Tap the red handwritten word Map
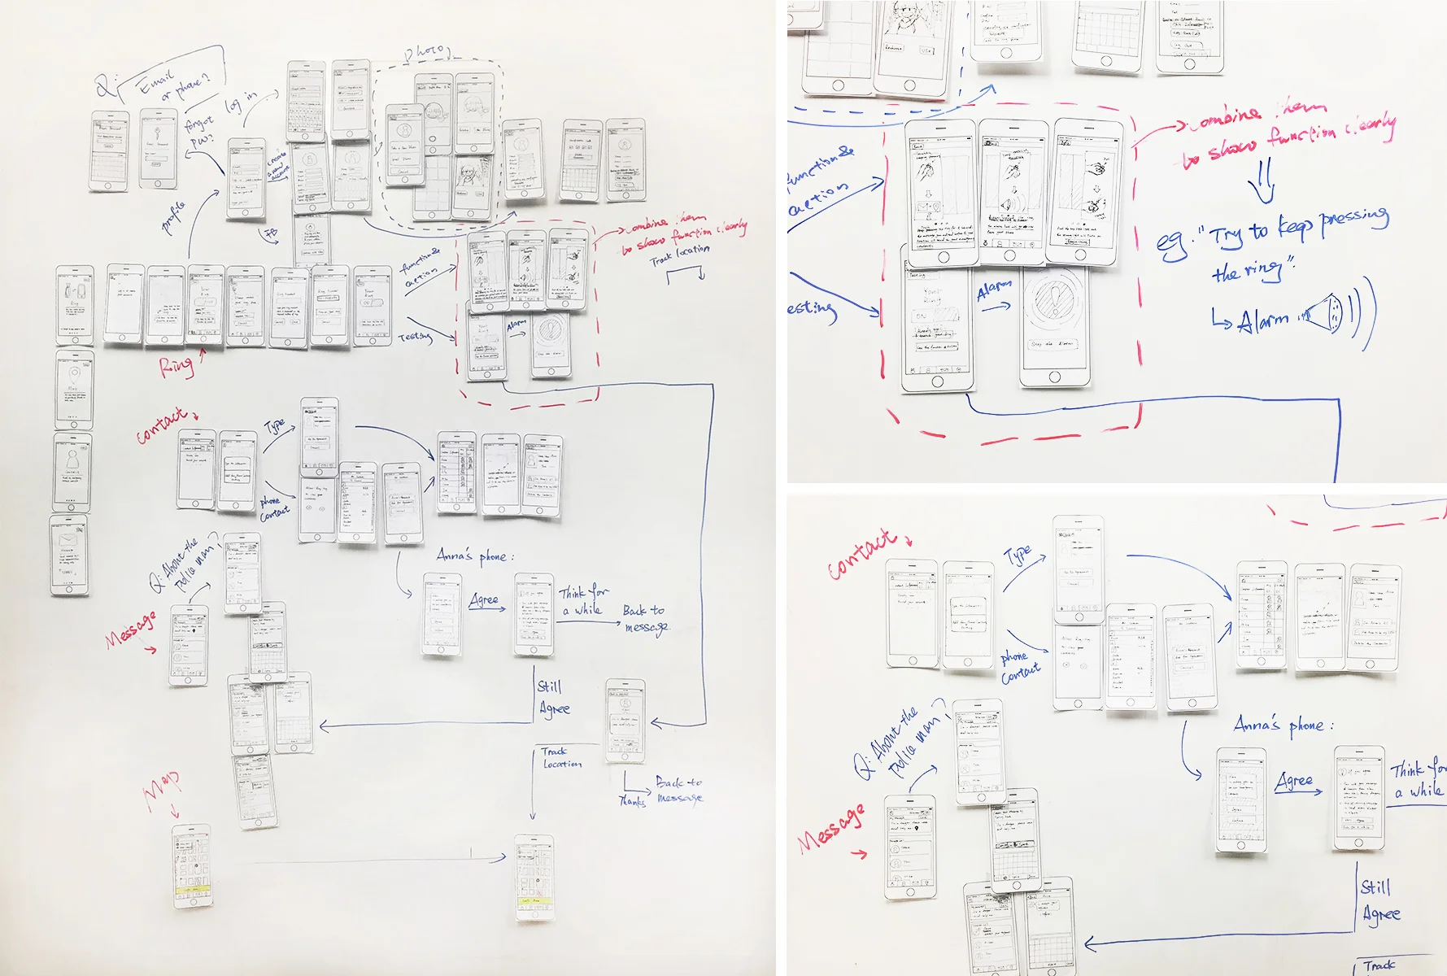pos(162,787)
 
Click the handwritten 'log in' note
pos(241,102)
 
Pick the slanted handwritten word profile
pos(174,216)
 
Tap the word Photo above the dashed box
pos(425,52)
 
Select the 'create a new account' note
pos(277,165)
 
